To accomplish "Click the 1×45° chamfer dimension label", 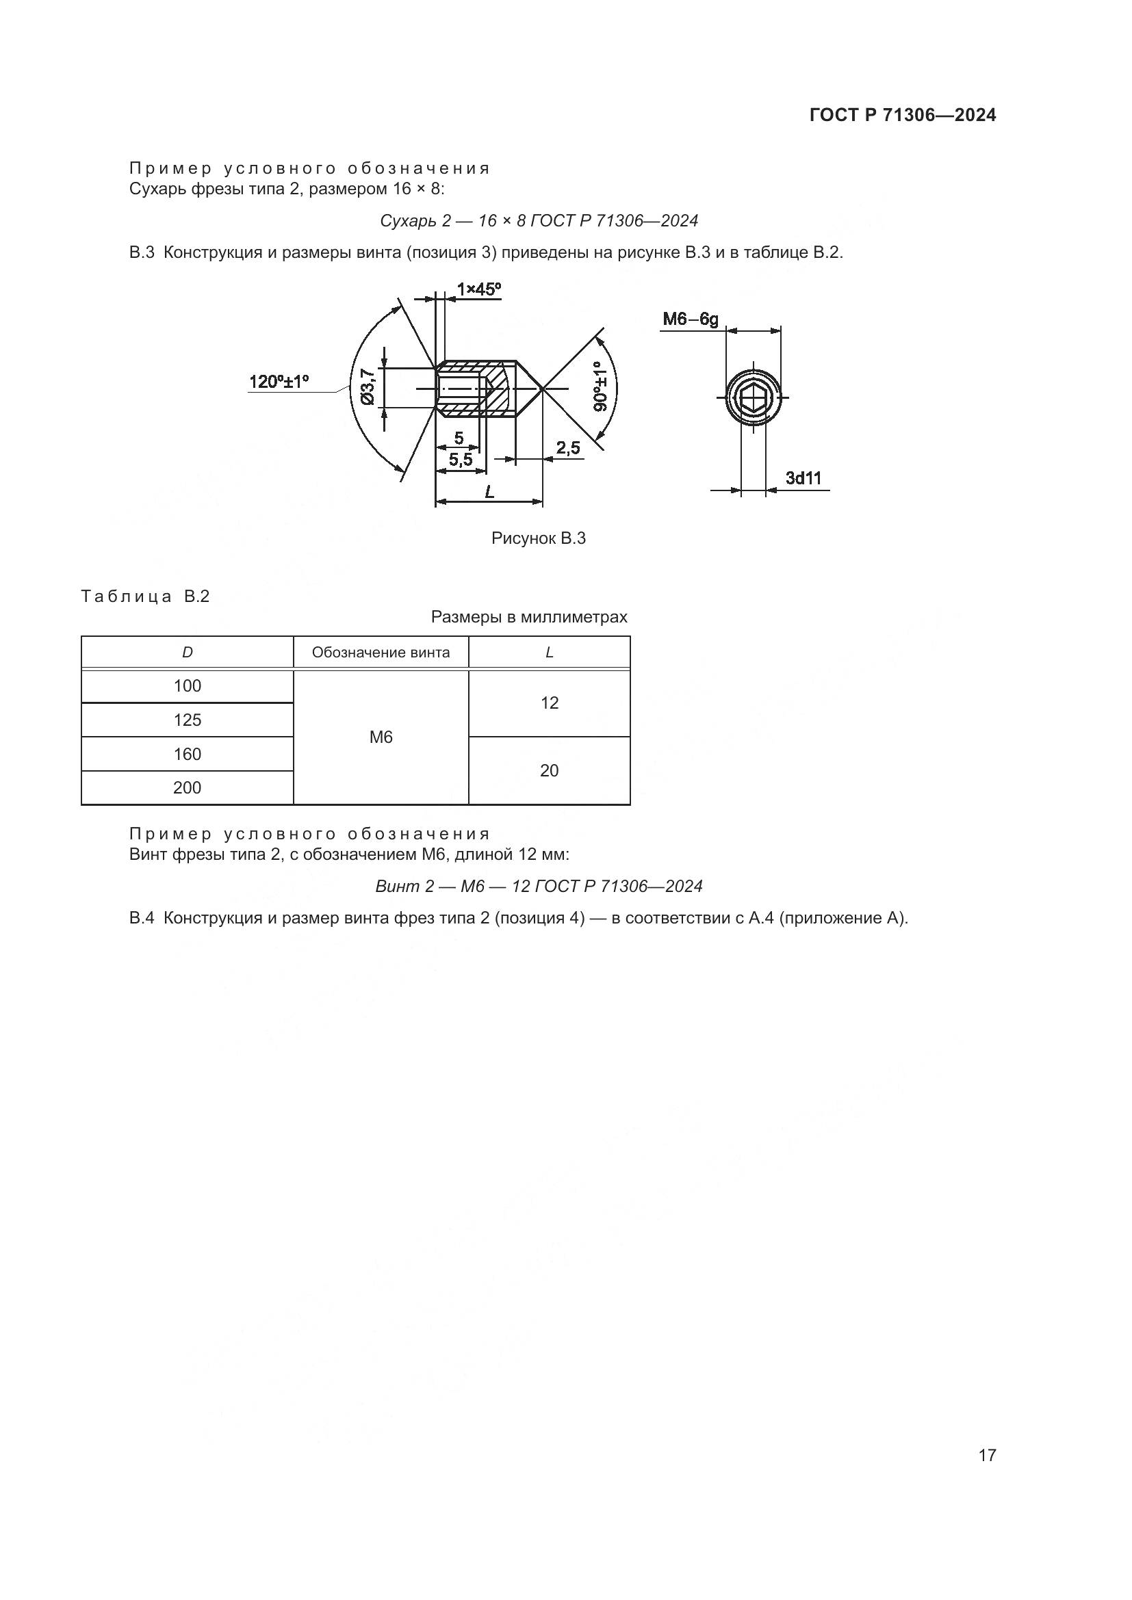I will tap(479, 289).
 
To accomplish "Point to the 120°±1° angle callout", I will tap(279, 382).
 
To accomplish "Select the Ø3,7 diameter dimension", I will tap(368, 386).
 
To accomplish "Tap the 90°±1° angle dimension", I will tap(601, 385).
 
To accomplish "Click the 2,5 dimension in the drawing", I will tap(568, 447).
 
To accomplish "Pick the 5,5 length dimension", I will tap(461, 460).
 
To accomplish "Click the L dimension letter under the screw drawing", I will tap(489, 492).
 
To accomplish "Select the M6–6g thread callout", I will tap(690, 319).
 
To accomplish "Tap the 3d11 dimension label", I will tap(803, 478).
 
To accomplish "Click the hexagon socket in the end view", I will tap(753, 398).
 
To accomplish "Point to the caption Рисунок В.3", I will tap(538, 538).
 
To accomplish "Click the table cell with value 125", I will tap(188, 720).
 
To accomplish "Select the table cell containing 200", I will tap(188, 787).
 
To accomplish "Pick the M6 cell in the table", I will tap(381, 737).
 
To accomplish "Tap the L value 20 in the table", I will tap(550, 771).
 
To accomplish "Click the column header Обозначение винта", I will tap(381, 653).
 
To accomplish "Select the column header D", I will tap(188, 653).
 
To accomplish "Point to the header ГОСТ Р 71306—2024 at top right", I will tap(903, 116).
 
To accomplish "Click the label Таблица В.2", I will tap(145, 596).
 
